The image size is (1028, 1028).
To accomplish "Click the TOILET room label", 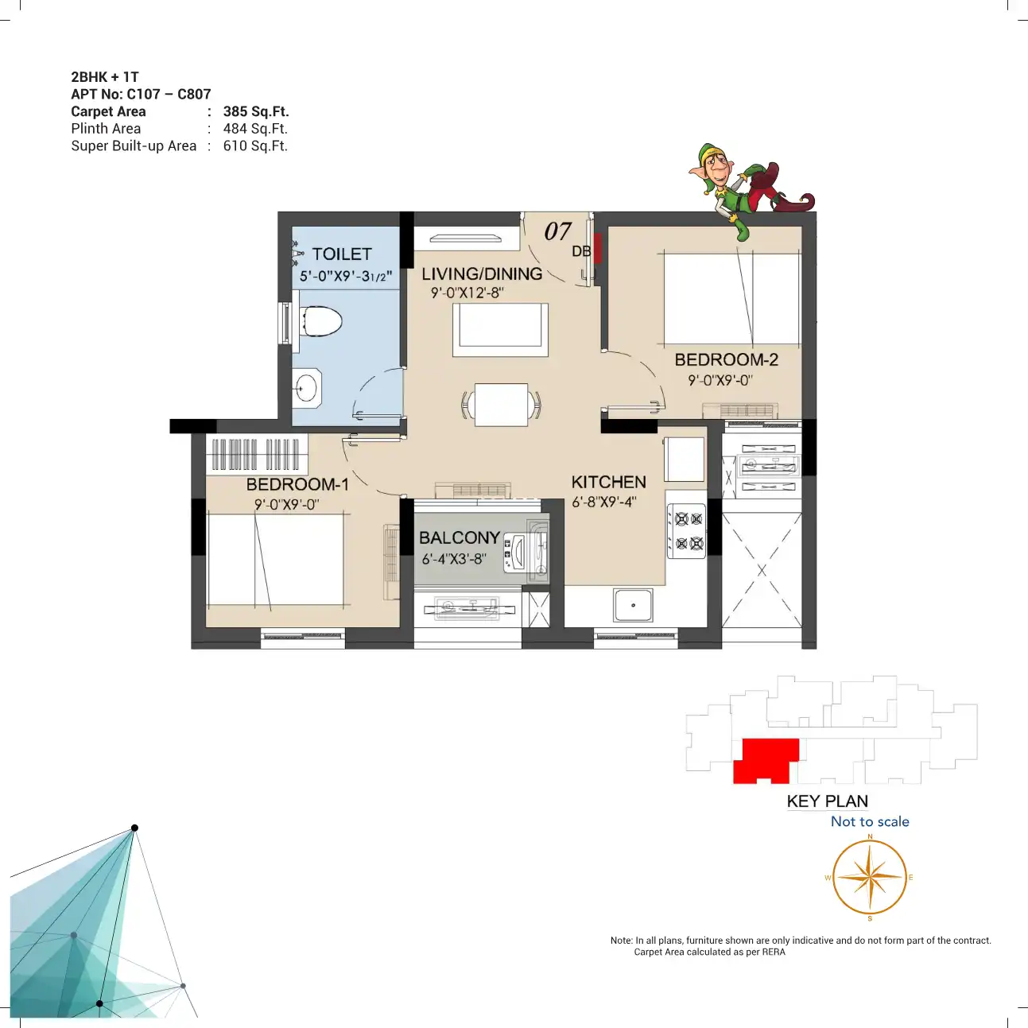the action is (341, 254).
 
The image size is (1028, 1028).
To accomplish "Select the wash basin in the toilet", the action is (306, 388).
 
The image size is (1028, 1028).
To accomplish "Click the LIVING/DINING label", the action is (482, 274).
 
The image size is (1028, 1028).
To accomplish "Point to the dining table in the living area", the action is (501, 405).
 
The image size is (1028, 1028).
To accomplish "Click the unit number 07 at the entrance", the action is (557, 231).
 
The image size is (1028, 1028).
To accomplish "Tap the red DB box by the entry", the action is (598, 248).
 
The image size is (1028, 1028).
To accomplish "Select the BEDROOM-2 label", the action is (726, 359).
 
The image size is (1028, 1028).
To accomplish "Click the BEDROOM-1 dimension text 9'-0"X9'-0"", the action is (286, 504).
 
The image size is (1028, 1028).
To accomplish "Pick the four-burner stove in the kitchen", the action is (687, 531).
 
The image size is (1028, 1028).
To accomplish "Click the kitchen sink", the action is (633, 606).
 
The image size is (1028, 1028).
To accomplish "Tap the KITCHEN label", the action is (609, 483).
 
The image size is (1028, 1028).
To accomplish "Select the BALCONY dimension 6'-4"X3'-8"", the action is (454, 559).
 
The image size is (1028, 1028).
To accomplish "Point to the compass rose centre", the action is (870, 877).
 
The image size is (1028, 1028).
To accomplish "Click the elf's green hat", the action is (711, 151).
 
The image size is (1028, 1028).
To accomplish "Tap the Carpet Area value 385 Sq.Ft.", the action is (256, 111).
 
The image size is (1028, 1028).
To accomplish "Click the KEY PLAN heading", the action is (828, 801).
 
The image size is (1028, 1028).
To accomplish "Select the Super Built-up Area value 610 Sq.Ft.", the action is (255, 145).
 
